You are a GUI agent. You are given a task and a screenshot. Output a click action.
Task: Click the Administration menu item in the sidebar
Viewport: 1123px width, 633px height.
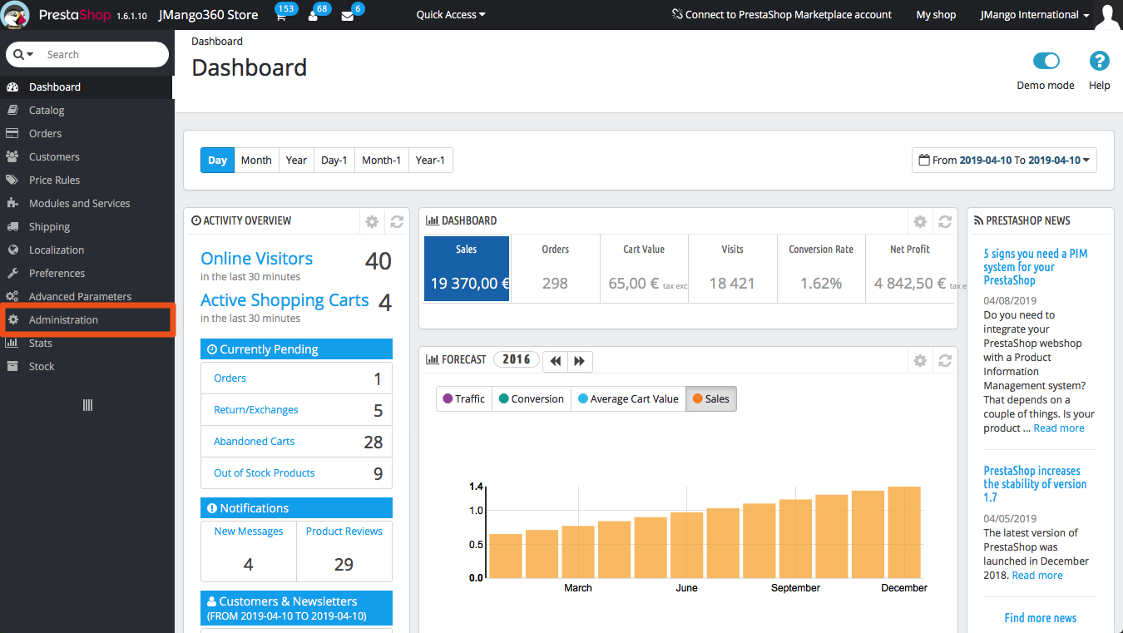tap(63, 320)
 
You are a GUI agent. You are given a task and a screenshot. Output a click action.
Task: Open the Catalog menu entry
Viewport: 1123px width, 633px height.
tap(47, 111)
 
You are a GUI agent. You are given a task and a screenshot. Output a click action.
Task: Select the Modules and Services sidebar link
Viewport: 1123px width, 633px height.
tap(79, 204)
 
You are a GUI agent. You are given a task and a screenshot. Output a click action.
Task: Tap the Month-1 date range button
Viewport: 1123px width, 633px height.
tap(381, 161)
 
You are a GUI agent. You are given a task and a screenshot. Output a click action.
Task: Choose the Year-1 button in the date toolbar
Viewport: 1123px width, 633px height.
tap(430, 161)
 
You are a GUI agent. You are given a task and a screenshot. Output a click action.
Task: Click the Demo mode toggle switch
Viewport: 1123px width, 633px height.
tap(1046, 61)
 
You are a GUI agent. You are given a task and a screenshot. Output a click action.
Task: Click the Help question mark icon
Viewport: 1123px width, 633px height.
tap(1099, 61)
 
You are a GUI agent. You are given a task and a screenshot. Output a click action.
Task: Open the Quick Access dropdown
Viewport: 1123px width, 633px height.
tap(450, 15)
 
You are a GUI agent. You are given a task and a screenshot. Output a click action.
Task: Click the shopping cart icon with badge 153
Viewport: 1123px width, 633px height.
tap(281, 16)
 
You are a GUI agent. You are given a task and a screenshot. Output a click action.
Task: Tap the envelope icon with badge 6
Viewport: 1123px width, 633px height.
tap(347, 16)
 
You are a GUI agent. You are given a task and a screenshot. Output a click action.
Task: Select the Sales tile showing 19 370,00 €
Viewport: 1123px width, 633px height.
tap(466, 268)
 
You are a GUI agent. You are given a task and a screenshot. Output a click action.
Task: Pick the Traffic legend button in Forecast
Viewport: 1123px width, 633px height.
tap(463, 399)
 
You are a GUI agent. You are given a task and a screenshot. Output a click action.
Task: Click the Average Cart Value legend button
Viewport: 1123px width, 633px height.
tap(628, 399)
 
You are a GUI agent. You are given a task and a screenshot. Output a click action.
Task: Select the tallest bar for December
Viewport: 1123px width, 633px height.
tap(903, 532)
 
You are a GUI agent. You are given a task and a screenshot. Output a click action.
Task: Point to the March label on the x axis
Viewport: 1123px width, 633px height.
tap(578, 588)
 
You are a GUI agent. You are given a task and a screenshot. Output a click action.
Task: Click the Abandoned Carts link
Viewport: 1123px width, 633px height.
tap(254, 442)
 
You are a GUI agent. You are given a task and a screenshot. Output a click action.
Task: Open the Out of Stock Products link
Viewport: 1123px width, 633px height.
tap(264, 473)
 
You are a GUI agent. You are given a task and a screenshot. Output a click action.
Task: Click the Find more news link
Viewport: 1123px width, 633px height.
tap(1040, 618)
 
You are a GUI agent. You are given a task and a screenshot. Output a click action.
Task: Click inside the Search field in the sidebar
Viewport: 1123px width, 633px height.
tap(100, 55)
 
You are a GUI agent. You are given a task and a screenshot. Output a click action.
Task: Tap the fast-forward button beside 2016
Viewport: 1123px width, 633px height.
tap(579, 361)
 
